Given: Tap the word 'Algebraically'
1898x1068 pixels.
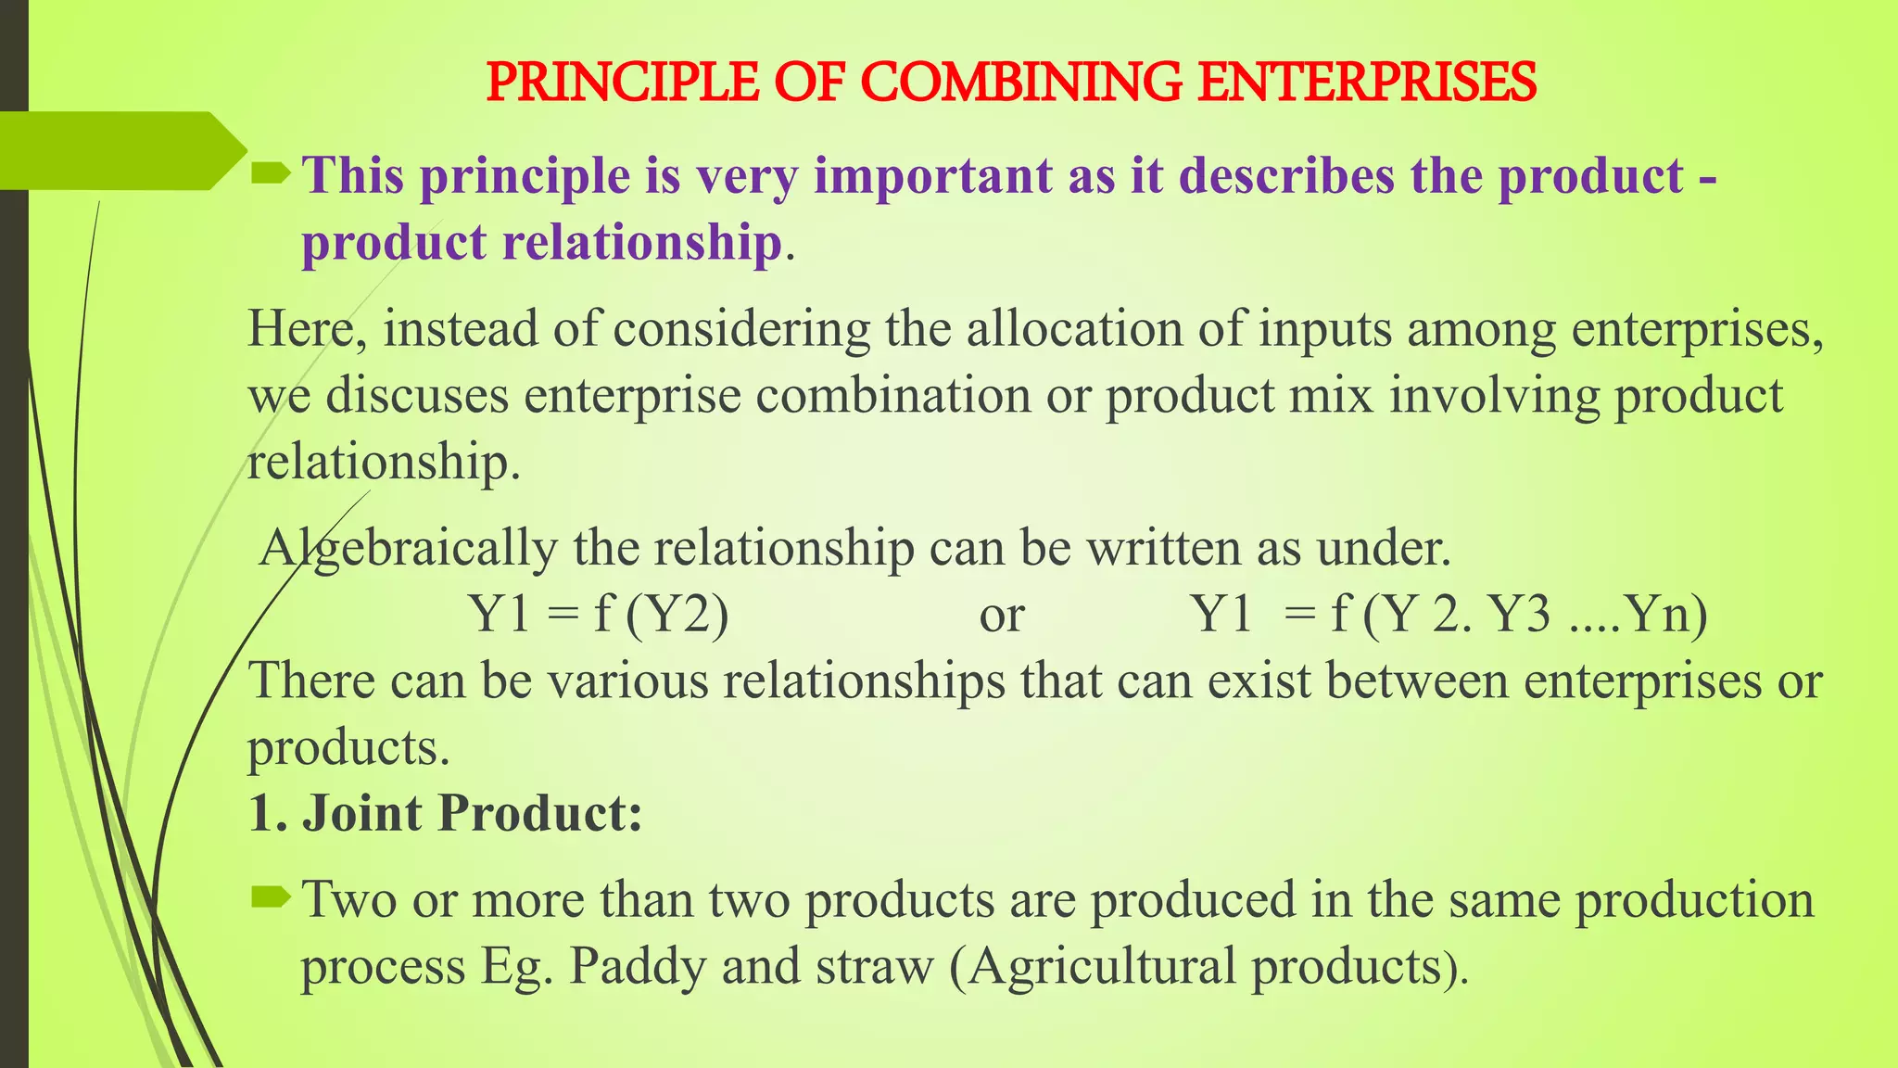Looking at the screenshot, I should (408, 548).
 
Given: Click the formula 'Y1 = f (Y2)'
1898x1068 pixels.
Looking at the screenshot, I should (599, 614).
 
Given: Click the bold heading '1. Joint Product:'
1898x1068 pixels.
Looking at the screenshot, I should (445, 813).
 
